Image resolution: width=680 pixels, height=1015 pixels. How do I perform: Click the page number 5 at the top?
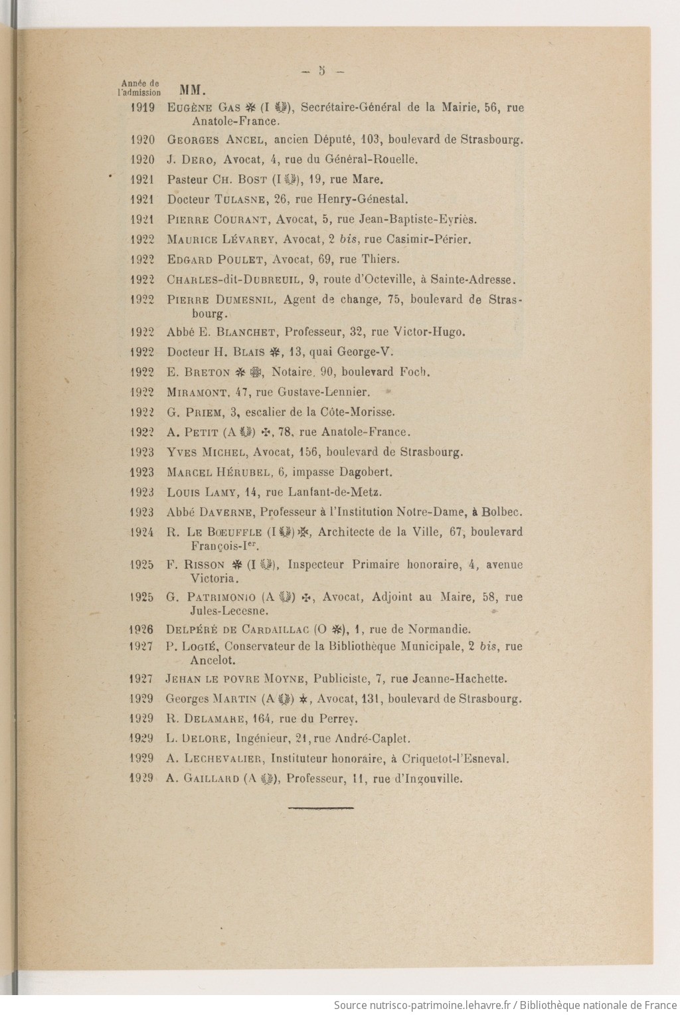coord(321,70)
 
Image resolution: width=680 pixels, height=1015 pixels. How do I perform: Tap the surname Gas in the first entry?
coord(229,108)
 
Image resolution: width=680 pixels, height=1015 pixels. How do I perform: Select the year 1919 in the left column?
coord(143,108)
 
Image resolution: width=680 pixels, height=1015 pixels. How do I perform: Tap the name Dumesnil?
coord(252,300)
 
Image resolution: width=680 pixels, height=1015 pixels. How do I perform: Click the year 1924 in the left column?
coord(142,532)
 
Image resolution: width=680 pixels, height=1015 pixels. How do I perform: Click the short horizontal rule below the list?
coord(321,808)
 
